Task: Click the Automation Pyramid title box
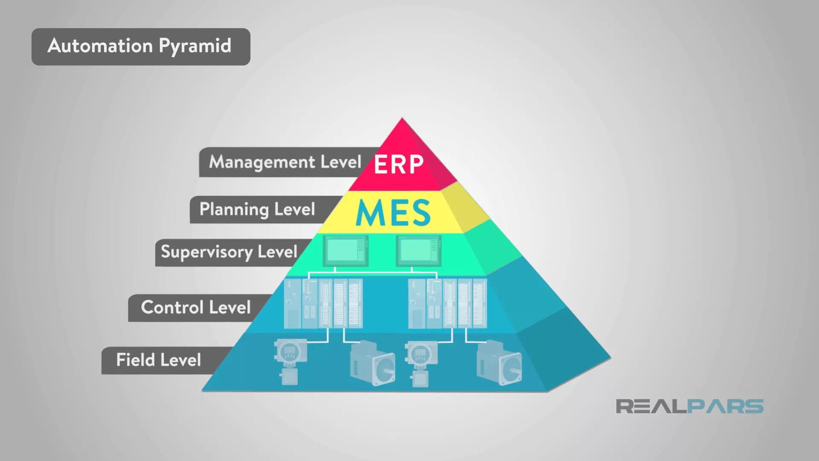coord(141,47)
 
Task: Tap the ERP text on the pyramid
coord(398,164)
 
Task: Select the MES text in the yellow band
coord(393,213)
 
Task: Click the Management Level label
coord(285,162)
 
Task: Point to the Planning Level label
coord(257,210)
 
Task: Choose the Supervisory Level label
coord(229,252)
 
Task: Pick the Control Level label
coord(196,308)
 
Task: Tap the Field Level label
coord(158,360)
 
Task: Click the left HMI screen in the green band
coord(346,251)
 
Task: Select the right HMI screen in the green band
coord(418,251)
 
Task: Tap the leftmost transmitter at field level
coord(290,361)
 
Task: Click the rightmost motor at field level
coord(499,363)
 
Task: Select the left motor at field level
coord(372,363)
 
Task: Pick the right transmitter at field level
coord(421,363)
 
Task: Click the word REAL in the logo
coord(651,406)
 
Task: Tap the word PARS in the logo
coord(725,406)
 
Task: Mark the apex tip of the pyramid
coord(402,120)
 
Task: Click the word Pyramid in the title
coord(195,46)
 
